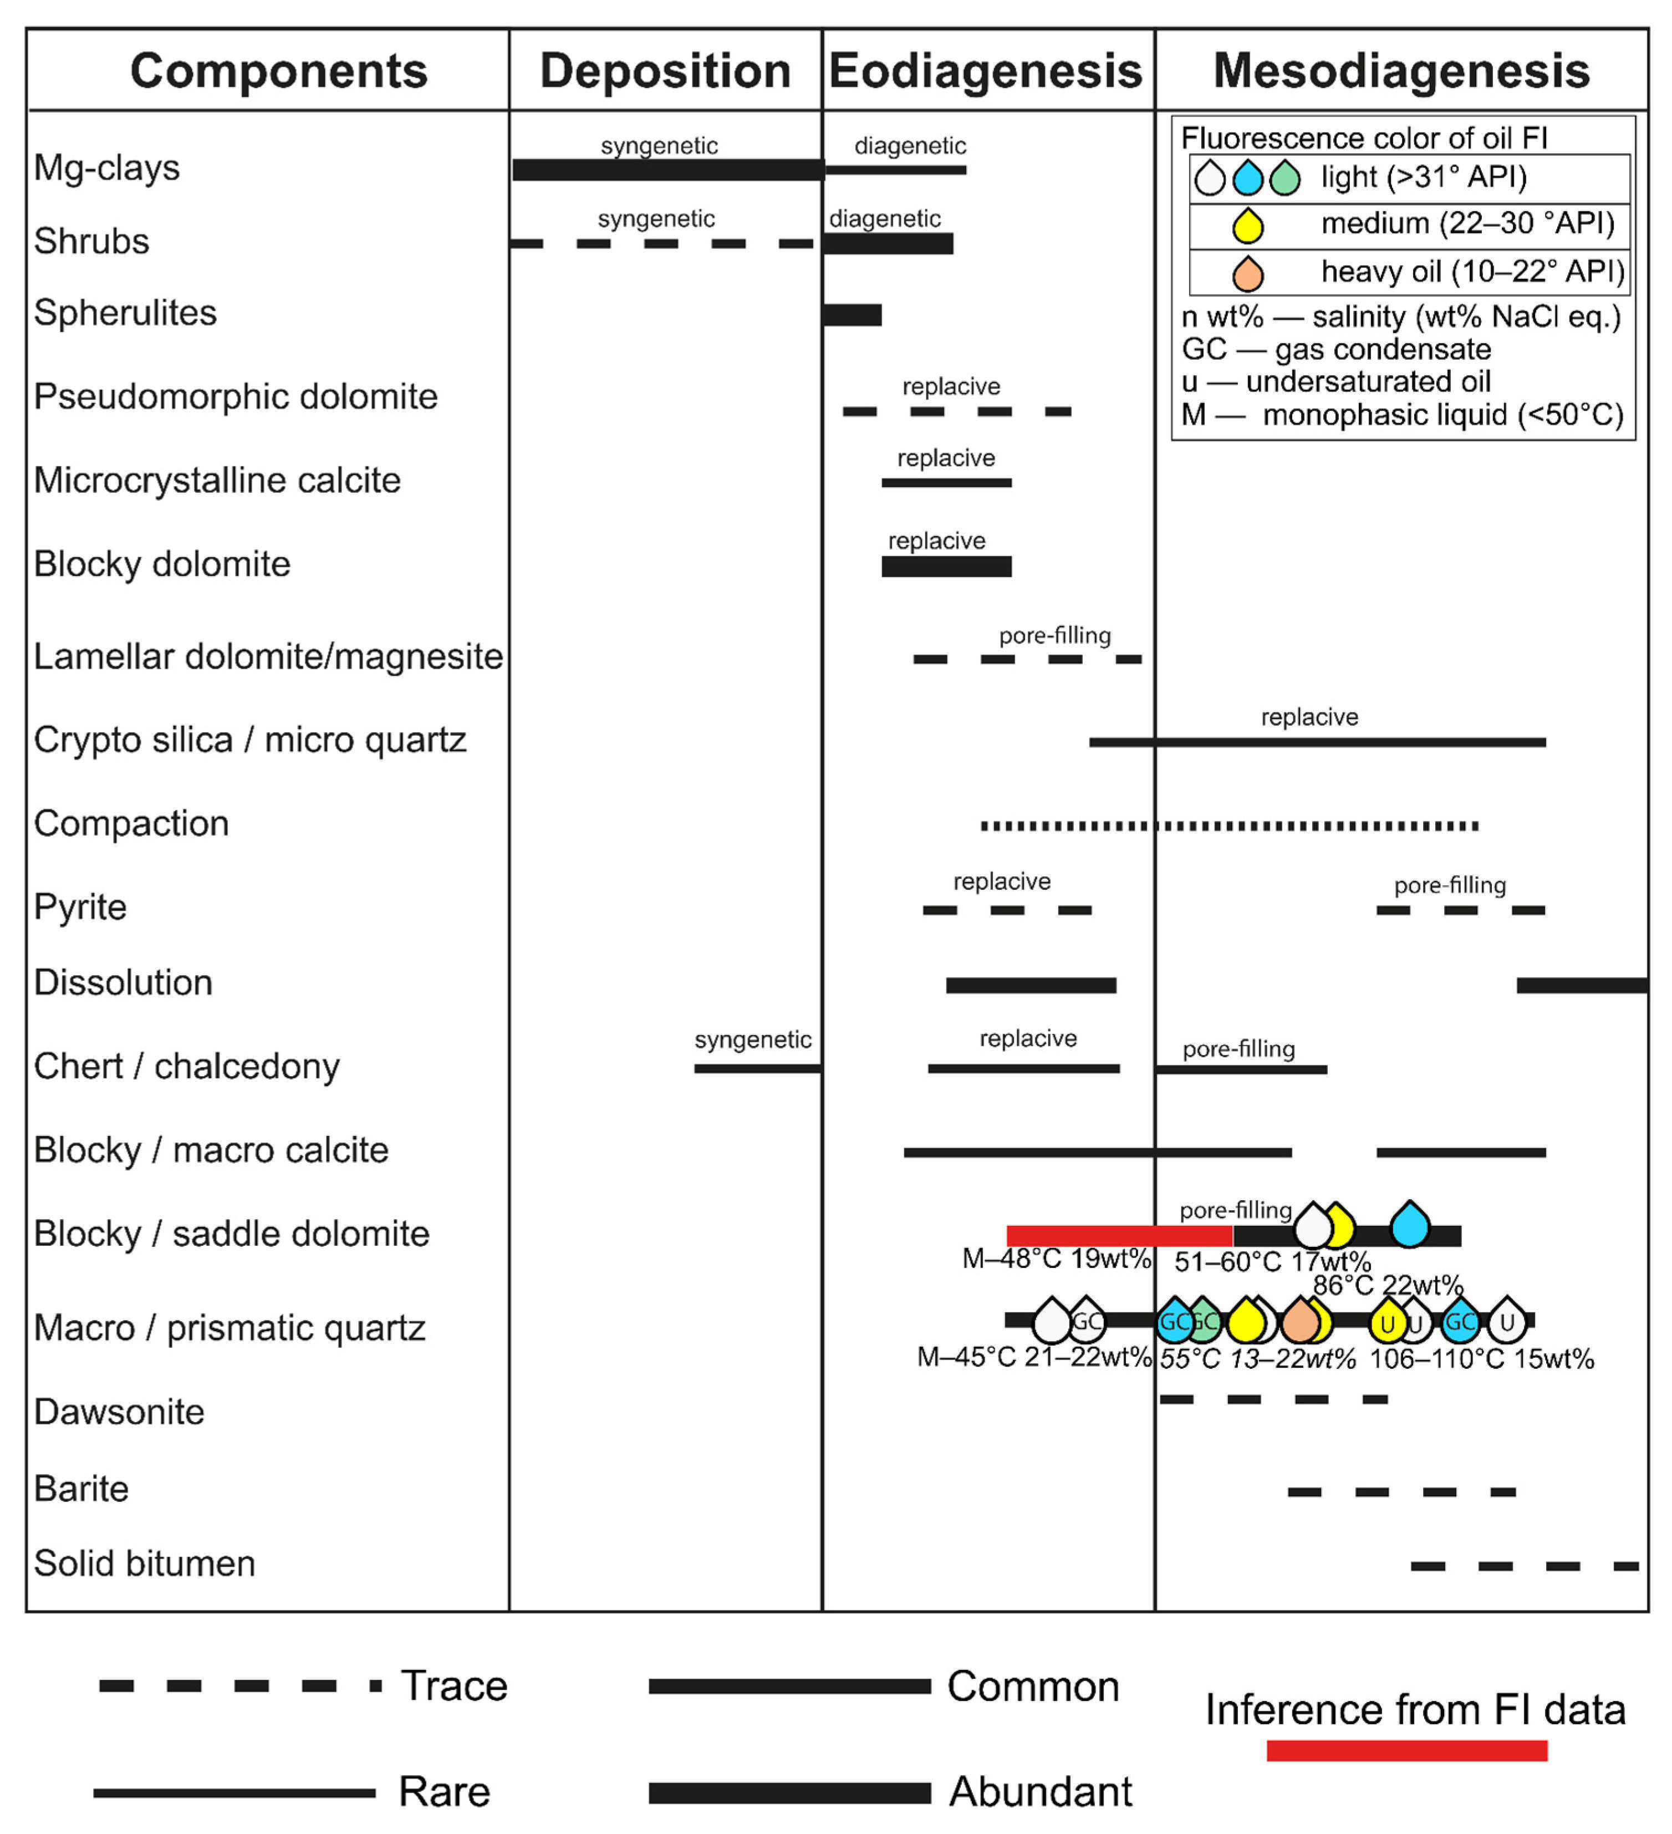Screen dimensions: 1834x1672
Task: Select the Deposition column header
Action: (665, 71)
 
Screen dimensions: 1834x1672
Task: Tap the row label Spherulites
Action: (125, 313)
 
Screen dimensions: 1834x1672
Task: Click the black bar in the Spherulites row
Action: (853, 315)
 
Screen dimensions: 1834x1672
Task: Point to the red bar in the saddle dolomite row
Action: (1119, 1235)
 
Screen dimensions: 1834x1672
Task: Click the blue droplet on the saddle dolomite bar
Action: (1409, 1225)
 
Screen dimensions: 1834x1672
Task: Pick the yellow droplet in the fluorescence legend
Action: (1247, 225)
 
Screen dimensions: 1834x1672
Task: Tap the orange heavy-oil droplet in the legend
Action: (1247, 273)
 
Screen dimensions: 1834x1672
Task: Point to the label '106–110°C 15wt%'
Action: (1481, 1359)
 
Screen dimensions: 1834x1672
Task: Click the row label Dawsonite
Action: (119, 1412)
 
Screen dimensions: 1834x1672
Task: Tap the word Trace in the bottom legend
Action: (454, 1686)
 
